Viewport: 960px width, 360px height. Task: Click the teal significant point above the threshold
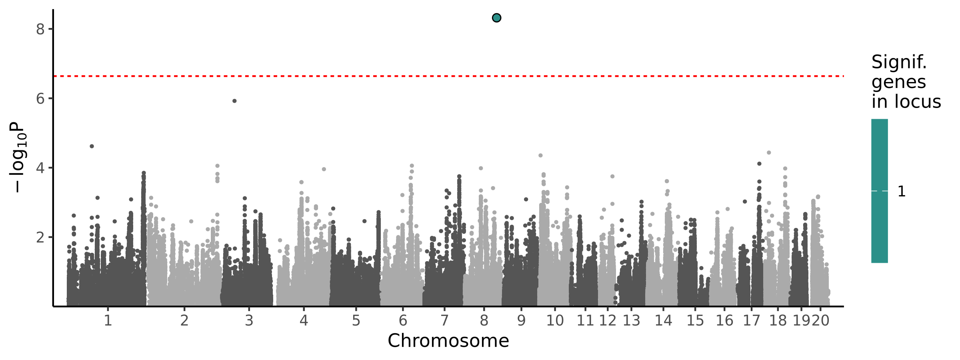pyautogui.click(x=496, y=18)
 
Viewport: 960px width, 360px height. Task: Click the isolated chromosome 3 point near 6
pyautogui.click(x=234, y=101)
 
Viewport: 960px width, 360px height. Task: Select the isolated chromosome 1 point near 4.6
pyautogui.click(x=92, y=146)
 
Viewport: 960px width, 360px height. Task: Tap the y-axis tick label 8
pyautogui.click(x=40, y=29)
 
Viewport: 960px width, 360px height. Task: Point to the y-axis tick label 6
pyautogui.click(x=40, y=98)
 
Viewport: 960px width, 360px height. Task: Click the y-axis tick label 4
pyautogui.click(x=40, y=168)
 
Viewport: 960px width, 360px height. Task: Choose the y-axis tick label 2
pyautogui.click(x=40, y=237)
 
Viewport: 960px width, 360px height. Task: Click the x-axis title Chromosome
pyautogui.click(x=448, y=341)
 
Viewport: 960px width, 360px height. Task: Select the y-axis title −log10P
pyautogui.click(x=18, y=157)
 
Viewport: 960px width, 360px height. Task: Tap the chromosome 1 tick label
pyautogui.click(x=108, y=321)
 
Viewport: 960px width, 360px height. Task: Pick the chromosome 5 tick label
pyautogui.click(x=356, y=321)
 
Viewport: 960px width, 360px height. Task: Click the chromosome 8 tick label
pyautogui.click(x=484, y=321)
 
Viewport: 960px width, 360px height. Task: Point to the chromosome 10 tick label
pyautogui.click(x=555, y=321)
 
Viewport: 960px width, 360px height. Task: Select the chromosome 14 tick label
pyautogui.click(x=663, y=321)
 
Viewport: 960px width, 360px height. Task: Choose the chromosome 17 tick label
pyautogui.click(x=751, y=321)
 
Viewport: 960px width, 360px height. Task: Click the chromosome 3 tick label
pyautogui.click(x=249, y=321)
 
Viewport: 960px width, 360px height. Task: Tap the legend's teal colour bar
pyautogui.click(x=880, y=191)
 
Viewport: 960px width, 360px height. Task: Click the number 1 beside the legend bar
pyautogui.click(x=902, y=192)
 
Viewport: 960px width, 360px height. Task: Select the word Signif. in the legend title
pyautogui.click(x=899, y=62)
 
